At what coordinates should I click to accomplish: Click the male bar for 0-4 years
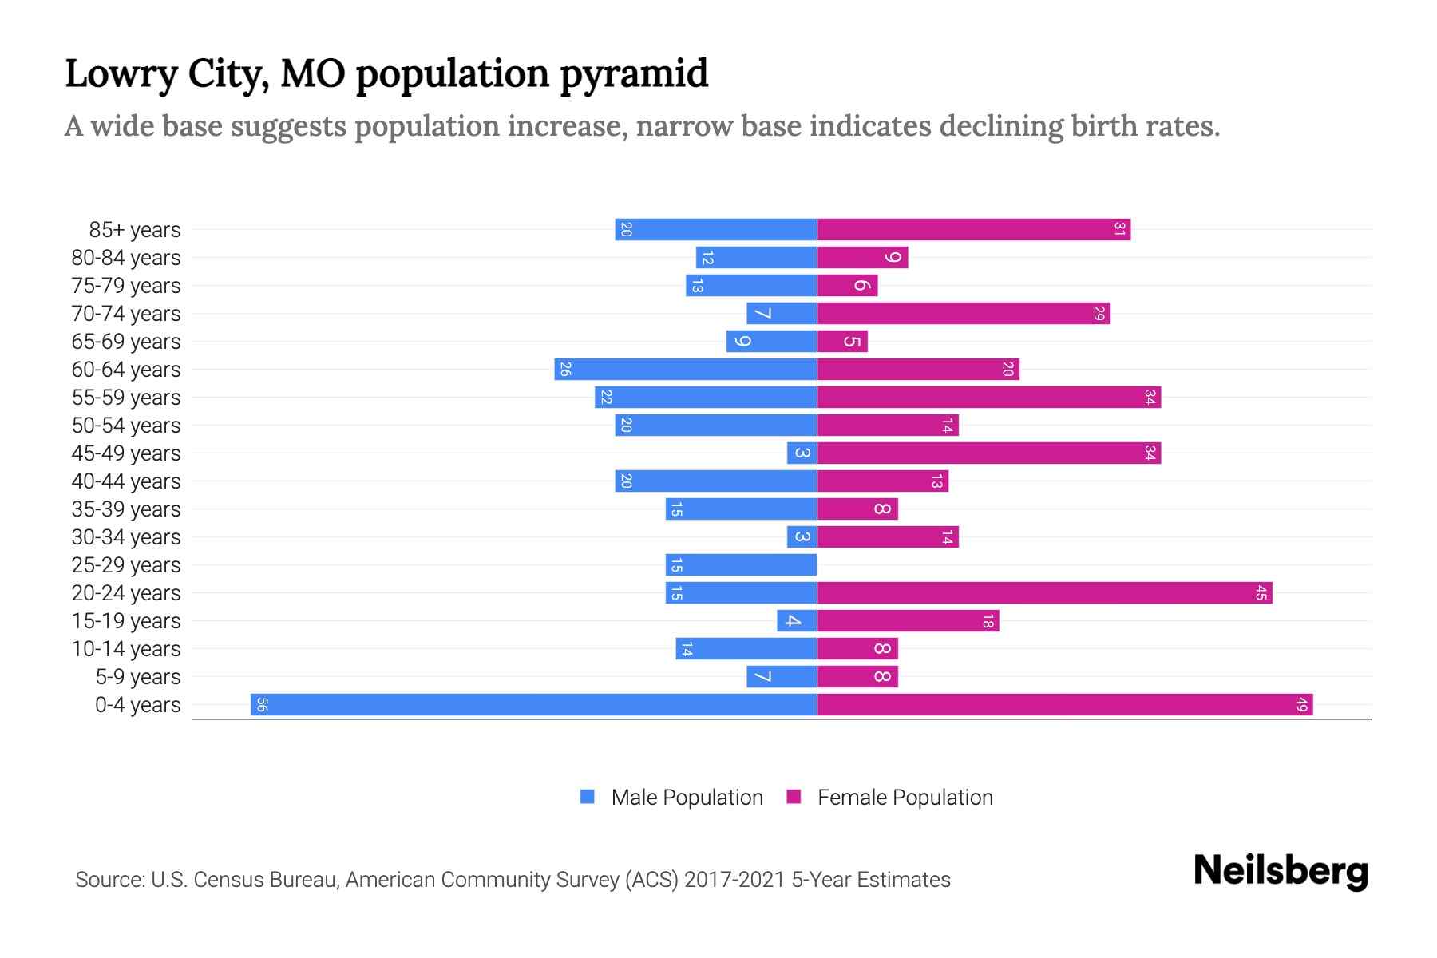point(533,704)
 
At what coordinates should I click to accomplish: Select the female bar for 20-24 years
point(1044,592)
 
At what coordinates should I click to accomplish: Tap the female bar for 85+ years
point(974,229)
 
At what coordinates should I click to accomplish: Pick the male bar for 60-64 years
point(686,369)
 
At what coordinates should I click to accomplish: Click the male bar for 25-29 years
point(741,564)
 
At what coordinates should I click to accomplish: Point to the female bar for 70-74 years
point(964,313)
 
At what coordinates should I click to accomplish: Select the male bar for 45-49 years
point(802,453)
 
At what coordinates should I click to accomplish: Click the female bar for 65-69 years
point(842,341)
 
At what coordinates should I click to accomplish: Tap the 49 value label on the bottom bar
point(1301,704)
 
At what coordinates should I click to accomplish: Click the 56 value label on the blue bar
point(262,704)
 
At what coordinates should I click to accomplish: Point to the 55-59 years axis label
point(126,397)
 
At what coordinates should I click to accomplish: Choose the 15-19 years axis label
point(126,620)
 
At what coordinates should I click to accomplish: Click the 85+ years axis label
point(135,229)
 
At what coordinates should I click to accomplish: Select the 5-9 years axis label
point(138,676)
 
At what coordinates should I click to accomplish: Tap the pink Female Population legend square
point(794,797)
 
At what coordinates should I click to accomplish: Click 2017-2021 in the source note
point(734,879)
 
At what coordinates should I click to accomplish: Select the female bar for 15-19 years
point(908,620)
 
